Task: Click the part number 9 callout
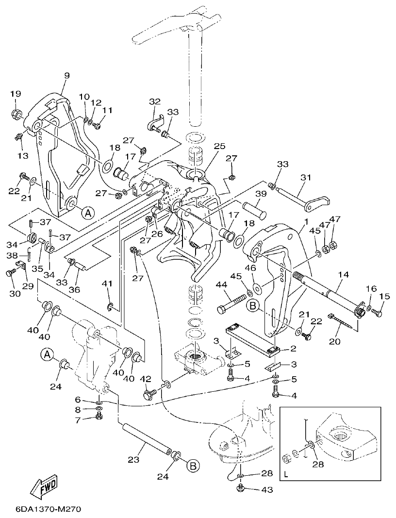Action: tap(66, 75)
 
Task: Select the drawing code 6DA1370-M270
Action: tap(41, 509)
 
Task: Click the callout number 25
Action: tap(219, 146)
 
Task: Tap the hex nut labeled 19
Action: tap(16, 115)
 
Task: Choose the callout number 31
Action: tap(305, 178)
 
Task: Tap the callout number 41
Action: tap(106, 284)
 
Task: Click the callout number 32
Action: tap(155, 101)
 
